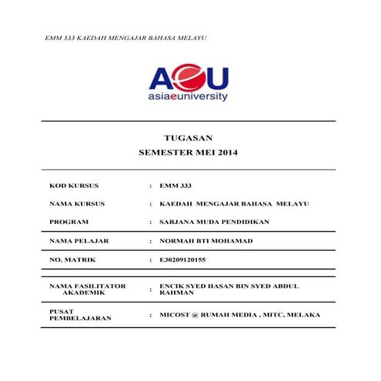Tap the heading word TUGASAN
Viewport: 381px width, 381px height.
(188, 138)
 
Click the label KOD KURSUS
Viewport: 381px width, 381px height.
(74, 185)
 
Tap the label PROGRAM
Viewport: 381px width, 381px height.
(69, 222)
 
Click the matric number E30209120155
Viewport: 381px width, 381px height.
(183, 260)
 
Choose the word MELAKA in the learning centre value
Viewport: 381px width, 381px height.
(302, 315)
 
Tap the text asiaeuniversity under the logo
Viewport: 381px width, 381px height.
(189, 98)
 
